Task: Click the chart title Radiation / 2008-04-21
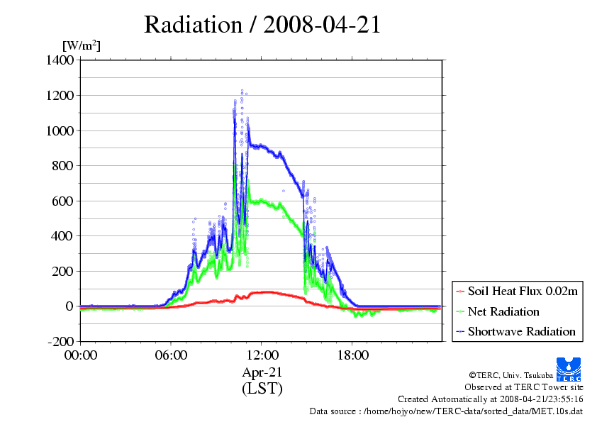262,25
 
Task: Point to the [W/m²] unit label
82,45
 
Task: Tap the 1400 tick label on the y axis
60,60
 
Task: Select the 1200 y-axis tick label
60,95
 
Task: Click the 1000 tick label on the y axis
60,131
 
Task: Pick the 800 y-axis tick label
62,166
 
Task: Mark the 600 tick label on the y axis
62,201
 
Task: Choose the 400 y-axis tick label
62,236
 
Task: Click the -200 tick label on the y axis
60,341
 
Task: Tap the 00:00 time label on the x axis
81,355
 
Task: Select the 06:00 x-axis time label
171,355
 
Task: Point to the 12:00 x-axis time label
262,355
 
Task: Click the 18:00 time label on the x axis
352,355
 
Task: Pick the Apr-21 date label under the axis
262,372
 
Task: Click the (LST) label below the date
262,389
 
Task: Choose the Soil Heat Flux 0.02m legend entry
517,291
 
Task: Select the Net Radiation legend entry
498,311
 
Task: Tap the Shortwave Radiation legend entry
515,331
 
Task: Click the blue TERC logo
569,369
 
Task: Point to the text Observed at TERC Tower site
524,387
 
